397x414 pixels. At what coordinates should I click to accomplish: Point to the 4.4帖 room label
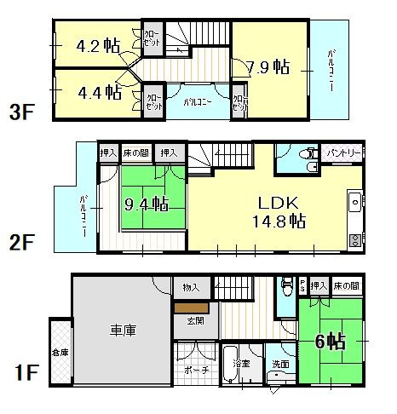tap(98, 92)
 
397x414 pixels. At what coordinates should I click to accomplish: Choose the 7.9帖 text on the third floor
tap(268, 67)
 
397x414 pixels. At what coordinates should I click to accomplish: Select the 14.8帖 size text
tap(278, 221)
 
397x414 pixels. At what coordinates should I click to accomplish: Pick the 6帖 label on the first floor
tap(331, 342)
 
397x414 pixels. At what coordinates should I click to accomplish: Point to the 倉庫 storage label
tap(59, 351)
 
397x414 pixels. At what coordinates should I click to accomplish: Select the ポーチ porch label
tap(194, 371)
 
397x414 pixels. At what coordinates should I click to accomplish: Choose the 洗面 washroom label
tap(279, 365)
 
